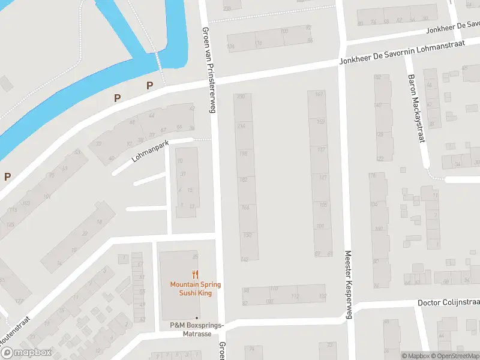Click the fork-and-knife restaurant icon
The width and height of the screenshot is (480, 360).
pos(195,275)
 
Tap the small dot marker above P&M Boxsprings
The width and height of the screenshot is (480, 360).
pos(196,317)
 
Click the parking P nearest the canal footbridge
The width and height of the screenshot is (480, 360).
pos(149,86)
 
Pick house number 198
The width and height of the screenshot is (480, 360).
pos(243,154)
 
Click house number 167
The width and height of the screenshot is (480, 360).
pos(319,94)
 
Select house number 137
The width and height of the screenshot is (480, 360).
pos(321,149)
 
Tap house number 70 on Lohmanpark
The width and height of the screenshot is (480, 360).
pos(98,144)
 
